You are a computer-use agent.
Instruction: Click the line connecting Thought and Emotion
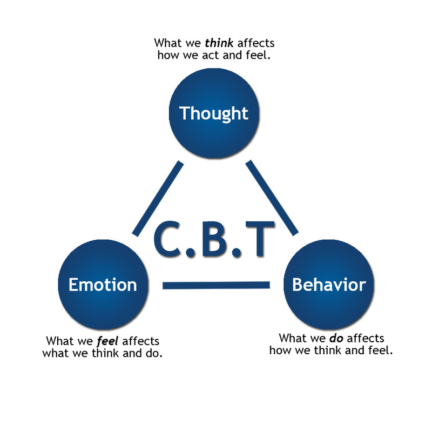158,198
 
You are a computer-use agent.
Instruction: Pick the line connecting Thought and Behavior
273,198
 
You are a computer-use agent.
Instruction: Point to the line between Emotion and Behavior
216,285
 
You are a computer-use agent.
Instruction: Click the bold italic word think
219,43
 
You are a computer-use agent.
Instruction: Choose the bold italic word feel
111,342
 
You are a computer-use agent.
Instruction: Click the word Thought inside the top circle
214,113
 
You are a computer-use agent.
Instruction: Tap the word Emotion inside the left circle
103,285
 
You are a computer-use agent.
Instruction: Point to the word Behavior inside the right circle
329,285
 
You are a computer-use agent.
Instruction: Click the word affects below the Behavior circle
366,339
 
